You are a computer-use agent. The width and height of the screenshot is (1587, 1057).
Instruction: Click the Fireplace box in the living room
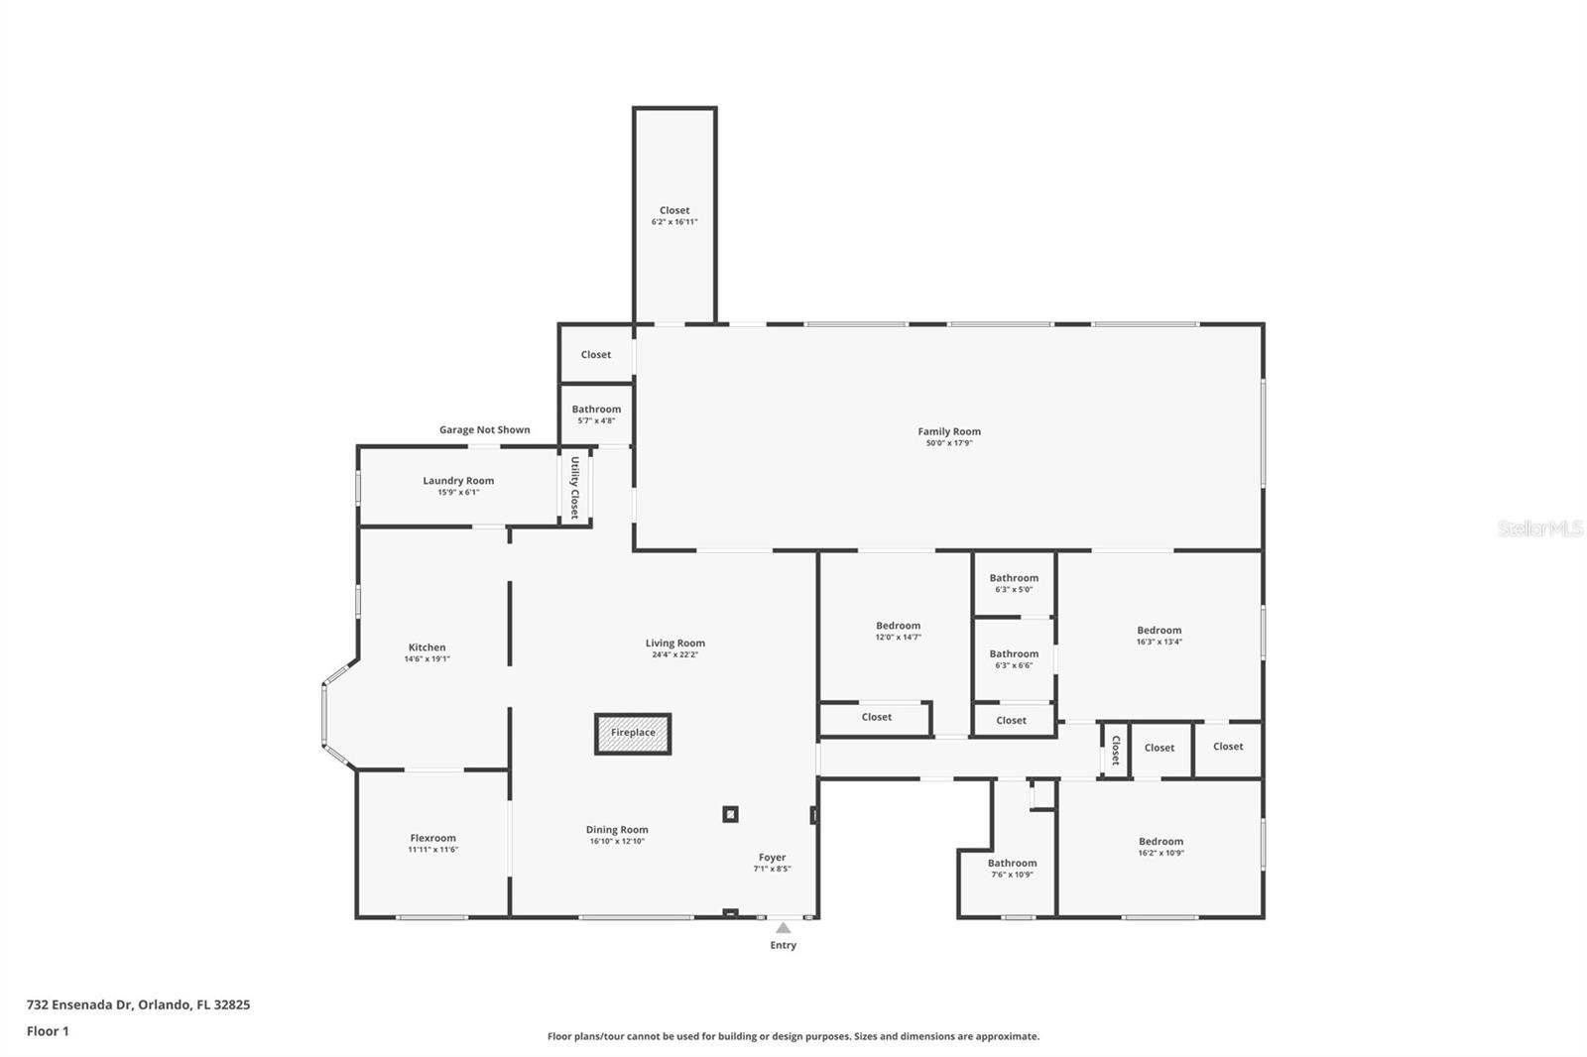tap(633, 734)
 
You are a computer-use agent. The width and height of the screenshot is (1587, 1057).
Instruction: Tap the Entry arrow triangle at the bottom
tap(783, 928)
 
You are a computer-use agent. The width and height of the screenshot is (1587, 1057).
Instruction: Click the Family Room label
tap(949, 431)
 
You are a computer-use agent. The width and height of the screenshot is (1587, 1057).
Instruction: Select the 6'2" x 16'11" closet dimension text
tap(674, 222)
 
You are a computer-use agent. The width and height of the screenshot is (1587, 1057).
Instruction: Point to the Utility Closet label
tap(574, 487)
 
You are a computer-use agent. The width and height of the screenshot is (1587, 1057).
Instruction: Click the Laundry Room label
tap(458, 481)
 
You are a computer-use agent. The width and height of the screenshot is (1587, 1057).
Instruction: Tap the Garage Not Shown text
tap(484, 429)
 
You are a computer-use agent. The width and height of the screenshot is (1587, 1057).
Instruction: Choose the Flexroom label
tap(433, 838)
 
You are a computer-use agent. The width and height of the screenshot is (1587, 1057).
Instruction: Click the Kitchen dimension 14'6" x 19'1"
tap(427, 659)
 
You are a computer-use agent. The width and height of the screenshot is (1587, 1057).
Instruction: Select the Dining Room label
tap(617, 830)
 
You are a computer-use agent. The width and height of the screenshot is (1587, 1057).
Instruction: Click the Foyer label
tap(772, 858)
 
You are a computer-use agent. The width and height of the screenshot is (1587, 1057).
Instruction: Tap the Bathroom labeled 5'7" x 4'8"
tap(596, 410)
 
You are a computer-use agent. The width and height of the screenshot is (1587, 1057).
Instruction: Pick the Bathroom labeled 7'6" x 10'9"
tap(1012, 864)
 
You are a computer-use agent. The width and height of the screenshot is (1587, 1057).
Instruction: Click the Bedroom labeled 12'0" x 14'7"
tap(898, 626)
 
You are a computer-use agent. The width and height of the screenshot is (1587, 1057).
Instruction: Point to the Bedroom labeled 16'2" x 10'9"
tap(1160, 842)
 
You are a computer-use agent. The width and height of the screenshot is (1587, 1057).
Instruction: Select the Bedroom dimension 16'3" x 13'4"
tap(1160, 642)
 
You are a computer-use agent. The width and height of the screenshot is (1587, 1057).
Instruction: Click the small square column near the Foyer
tap(730, 814)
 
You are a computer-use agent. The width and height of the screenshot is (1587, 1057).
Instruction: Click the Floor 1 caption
tap(48, 1031)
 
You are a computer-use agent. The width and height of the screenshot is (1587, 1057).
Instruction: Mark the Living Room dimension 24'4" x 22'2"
tap(675, 654)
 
